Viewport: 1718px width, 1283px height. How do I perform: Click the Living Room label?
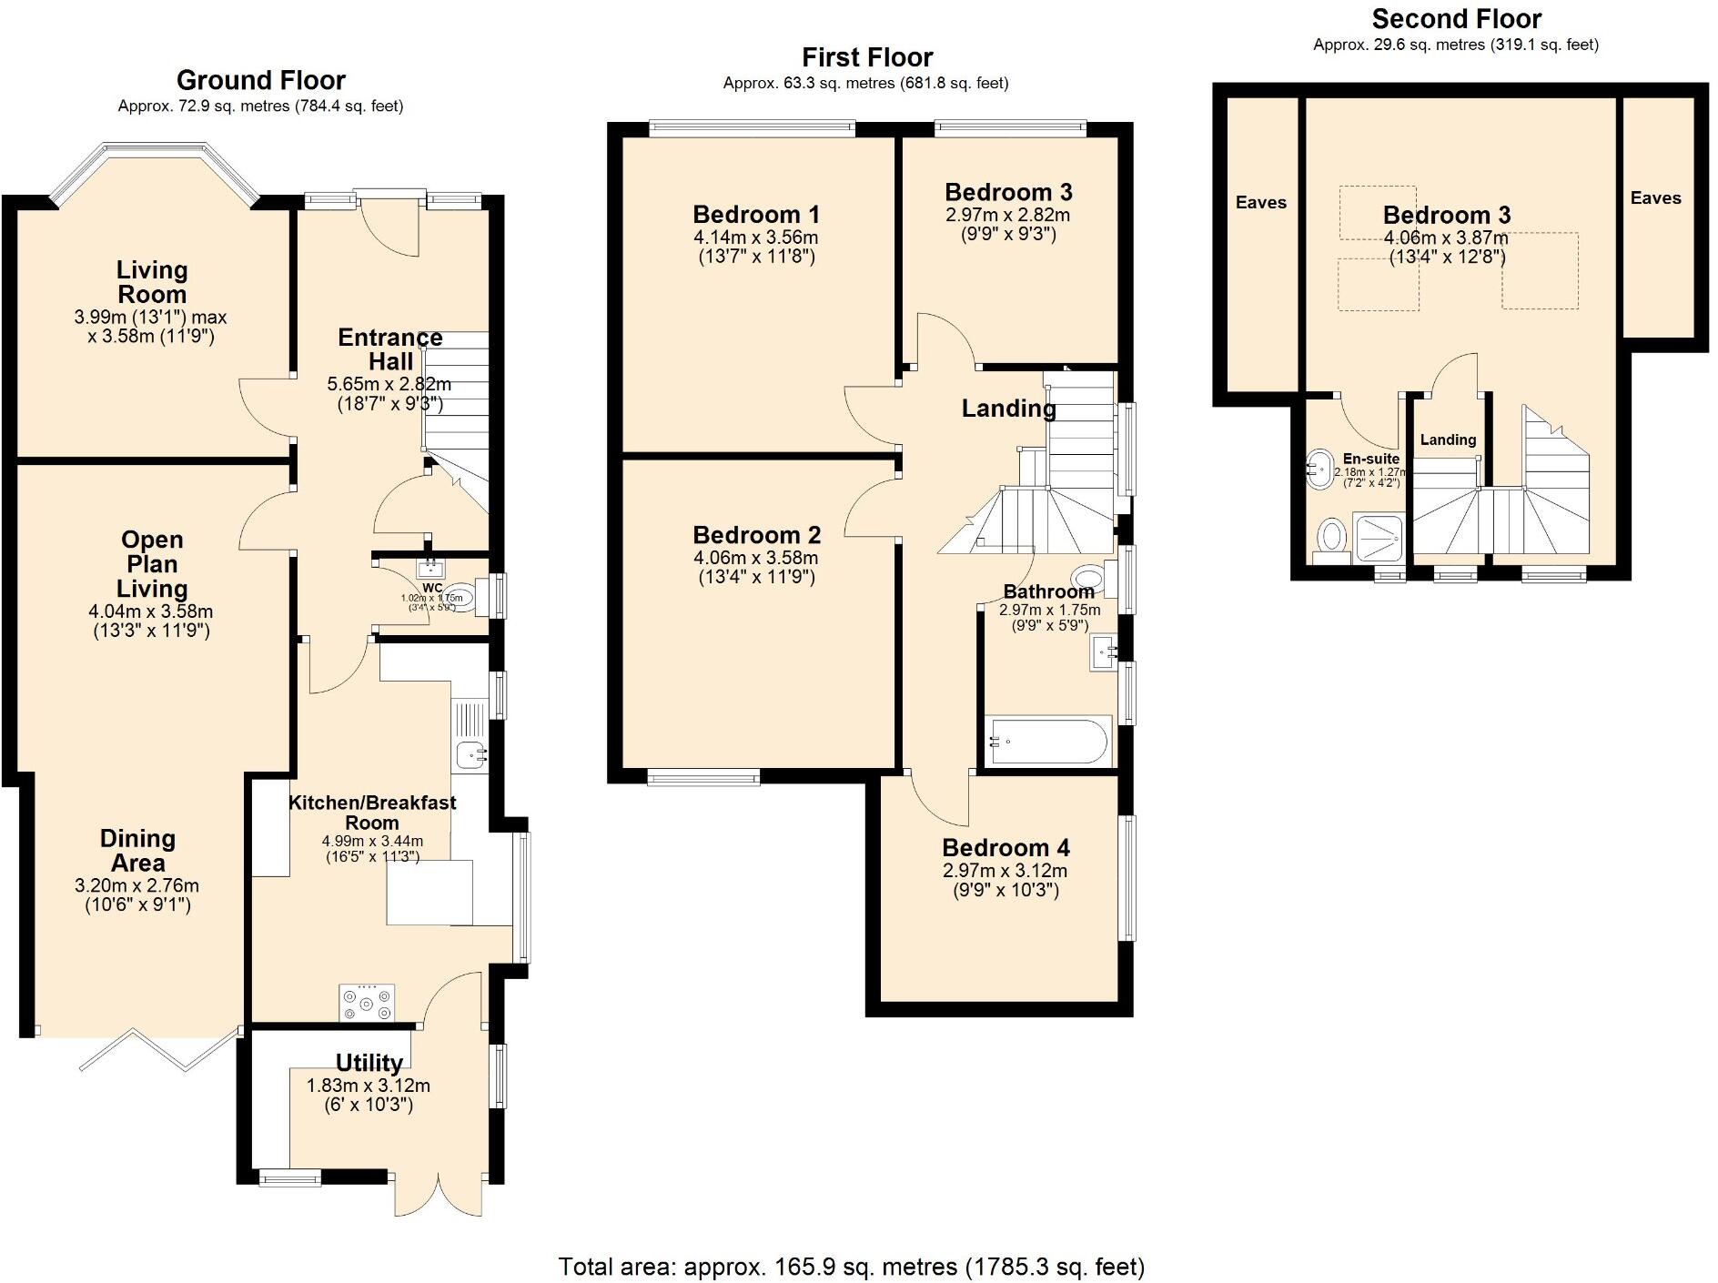tap(151, 282)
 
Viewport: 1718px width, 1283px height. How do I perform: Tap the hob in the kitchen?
tap(367, 1003)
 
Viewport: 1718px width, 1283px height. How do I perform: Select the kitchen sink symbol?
tap(470, 754)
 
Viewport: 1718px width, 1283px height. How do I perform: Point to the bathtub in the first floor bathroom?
tap(1048, 743)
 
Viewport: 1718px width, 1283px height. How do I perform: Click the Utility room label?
tap(369, 1063)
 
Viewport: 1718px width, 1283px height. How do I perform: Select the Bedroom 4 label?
tap(1006, 848)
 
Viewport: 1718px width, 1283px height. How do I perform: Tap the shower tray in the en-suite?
tap(1379, 537)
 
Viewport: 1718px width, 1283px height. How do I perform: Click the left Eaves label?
tap(1260, 202)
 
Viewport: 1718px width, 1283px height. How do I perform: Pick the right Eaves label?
tap(1655, 197)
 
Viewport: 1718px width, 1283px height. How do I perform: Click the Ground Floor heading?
tap(260, 80)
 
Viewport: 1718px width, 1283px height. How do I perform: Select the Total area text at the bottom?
tap(851, 1266)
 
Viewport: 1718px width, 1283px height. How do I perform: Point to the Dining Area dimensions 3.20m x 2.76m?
tap(136, 894)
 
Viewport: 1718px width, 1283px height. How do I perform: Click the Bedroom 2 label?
tap(756, 535)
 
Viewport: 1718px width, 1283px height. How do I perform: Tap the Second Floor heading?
tap(1456, 19)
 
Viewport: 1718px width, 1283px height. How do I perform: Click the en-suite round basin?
tap(1318, 470)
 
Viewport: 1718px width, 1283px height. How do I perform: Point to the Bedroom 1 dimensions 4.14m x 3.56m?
tap(755, 247)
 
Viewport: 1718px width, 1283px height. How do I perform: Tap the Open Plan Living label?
tap(152, 564)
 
